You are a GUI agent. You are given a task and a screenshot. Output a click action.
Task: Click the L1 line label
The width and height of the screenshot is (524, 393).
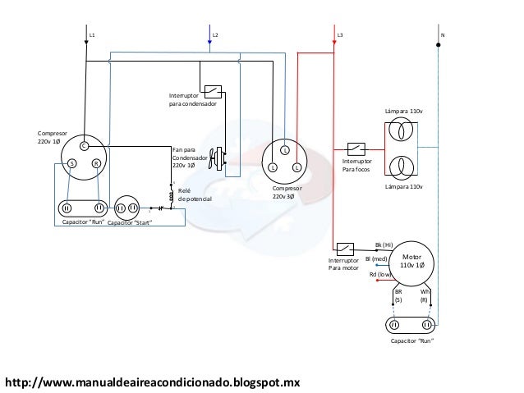(x=92, y=36)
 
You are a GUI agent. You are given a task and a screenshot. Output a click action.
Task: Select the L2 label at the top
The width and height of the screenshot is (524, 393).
(x=215, y=36)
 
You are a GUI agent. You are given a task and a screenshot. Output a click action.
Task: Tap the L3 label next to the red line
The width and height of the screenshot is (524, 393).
(x=340, y=36)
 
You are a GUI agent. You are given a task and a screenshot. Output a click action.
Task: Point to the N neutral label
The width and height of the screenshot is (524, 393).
(x=443, y=36)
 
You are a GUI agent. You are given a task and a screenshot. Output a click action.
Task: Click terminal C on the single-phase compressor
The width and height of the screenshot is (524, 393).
(x=83, y=146)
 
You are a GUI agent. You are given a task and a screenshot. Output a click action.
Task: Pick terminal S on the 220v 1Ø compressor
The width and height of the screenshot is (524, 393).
(x=71, y=163)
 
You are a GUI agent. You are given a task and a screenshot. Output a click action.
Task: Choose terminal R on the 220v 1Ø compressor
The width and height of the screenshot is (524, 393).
(x=96, y=163)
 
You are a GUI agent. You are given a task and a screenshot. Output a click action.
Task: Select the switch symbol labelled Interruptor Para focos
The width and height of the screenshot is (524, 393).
(x=356, y=149)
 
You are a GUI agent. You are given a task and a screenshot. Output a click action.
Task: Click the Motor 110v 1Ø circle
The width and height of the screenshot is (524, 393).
(x=411, y=263)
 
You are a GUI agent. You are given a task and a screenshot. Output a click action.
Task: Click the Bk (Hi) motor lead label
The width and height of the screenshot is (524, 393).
(x=384, y=244)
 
